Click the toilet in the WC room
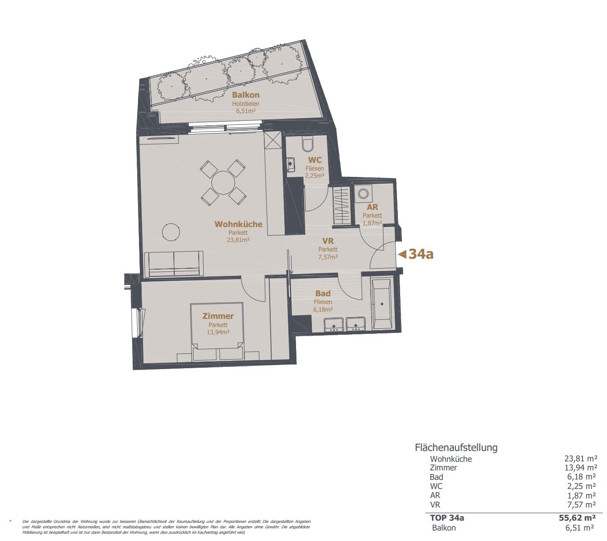[308, 143]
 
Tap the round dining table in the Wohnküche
[223, 182]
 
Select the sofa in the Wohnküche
[173, 263]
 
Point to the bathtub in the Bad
[382, 304]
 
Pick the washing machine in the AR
[363, 194]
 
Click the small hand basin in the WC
[291, 164]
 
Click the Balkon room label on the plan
[246, 95]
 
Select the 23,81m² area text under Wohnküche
[238, 239]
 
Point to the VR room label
[328, 241]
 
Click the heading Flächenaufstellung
[456, 447]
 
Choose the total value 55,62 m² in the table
[577, 517]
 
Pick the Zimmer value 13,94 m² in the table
[581, 467]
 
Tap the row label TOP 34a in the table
[447, 517]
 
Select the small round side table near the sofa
[171, 232]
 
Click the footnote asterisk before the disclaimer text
[10, 521]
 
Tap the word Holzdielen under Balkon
[246, 104]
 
